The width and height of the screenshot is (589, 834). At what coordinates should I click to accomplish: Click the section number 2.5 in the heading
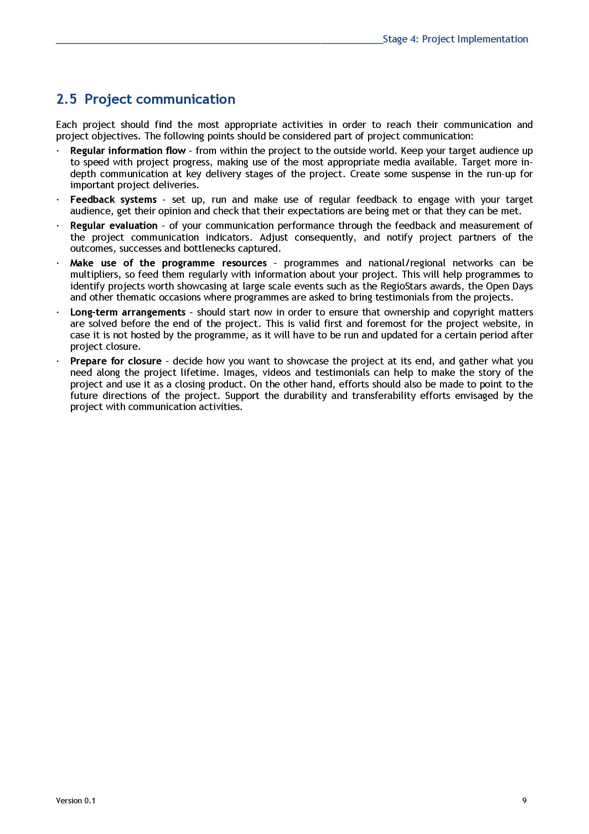pos(66,99)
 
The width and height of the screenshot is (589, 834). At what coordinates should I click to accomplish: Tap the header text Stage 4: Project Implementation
pos(455,39)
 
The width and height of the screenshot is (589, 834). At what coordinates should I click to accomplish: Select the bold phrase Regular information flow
pos(128,151)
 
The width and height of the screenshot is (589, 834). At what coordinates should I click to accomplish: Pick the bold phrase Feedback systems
pos(113,199)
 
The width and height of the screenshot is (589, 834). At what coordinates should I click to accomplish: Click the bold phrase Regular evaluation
pos(114,226)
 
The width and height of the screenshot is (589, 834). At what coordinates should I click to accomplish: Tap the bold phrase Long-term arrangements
pos(128,312)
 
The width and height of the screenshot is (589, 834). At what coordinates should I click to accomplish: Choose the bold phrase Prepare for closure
pos(116,361)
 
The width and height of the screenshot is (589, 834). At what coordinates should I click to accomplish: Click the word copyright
pos(473,312)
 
